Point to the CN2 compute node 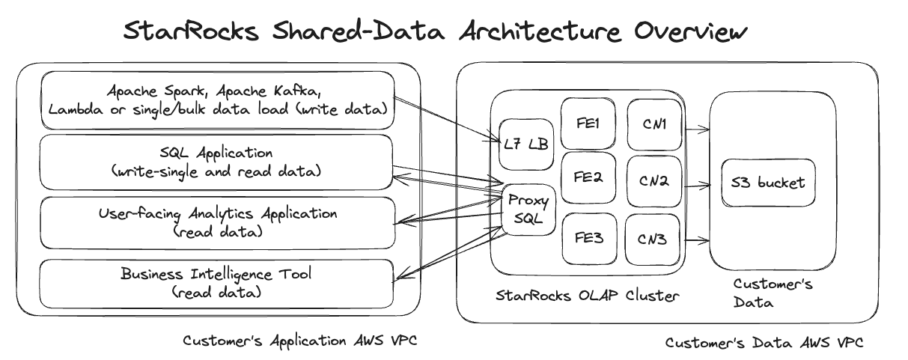(653, 180)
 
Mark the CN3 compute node (653, 240)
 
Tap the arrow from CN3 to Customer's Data (697, 241)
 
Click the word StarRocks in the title (190, 32)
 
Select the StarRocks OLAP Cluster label (588, 295)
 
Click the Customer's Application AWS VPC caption (299, 341)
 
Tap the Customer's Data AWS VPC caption (764, 343)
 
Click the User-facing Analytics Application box (217, 222)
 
